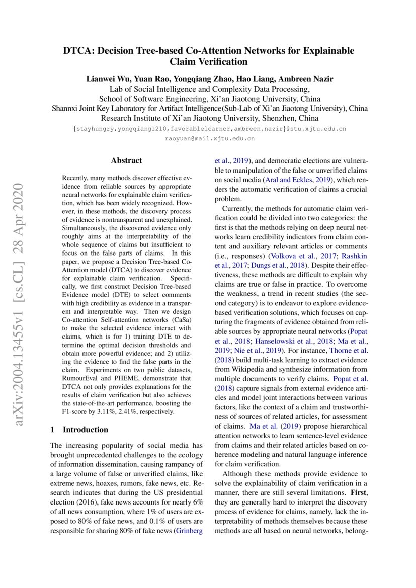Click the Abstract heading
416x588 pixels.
pyautogui.click(x=126, y=161)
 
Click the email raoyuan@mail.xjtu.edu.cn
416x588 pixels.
pyautogui.click(x=210, y=138)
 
